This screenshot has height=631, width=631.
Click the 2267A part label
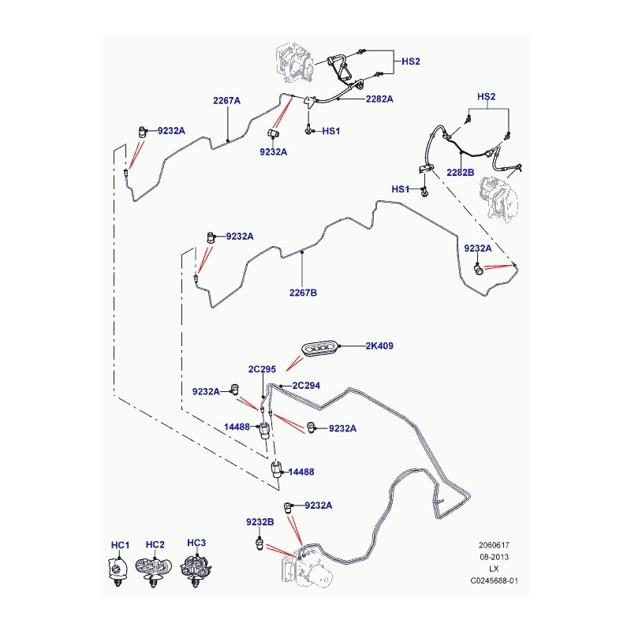[x=226, y=101]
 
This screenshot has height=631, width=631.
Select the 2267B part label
[x=303, y=293]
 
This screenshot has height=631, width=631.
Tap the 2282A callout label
[x=379, y=99]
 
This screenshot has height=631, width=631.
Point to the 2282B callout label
[x=461, y=173]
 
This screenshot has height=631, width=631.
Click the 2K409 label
[x=379, y=345]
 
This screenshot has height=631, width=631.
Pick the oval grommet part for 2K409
[x=320, y=349]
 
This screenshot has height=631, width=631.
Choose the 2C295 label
[x=262, y=369]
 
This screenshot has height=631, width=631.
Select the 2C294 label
[x=306, y=386]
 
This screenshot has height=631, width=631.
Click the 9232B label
[x=260, y=522]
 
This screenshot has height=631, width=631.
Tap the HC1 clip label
[x=121, y=545]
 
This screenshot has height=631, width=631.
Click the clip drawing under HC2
[x=153, y=571]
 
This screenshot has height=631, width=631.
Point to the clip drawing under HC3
[x=196, y=570]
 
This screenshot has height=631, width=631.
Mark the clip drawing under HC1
[x=118, y=571]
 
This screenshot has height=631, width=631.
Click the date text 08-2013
[x=494, y=557]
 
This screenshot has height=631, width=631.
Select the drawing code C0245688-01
[x=495, y=581]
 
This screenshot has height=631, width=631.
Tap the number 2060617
[x=494, y=545]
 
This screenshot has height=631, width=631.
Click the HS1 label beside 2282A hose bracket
[x=331, y=131]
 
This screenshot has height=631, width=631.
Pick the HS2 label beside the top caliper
[x=411, y=62]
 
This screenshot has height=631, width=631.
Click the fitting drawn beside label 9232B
[x=259, y=543]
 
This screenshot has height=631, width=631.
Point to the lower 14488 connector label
[x=301, y=472]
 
